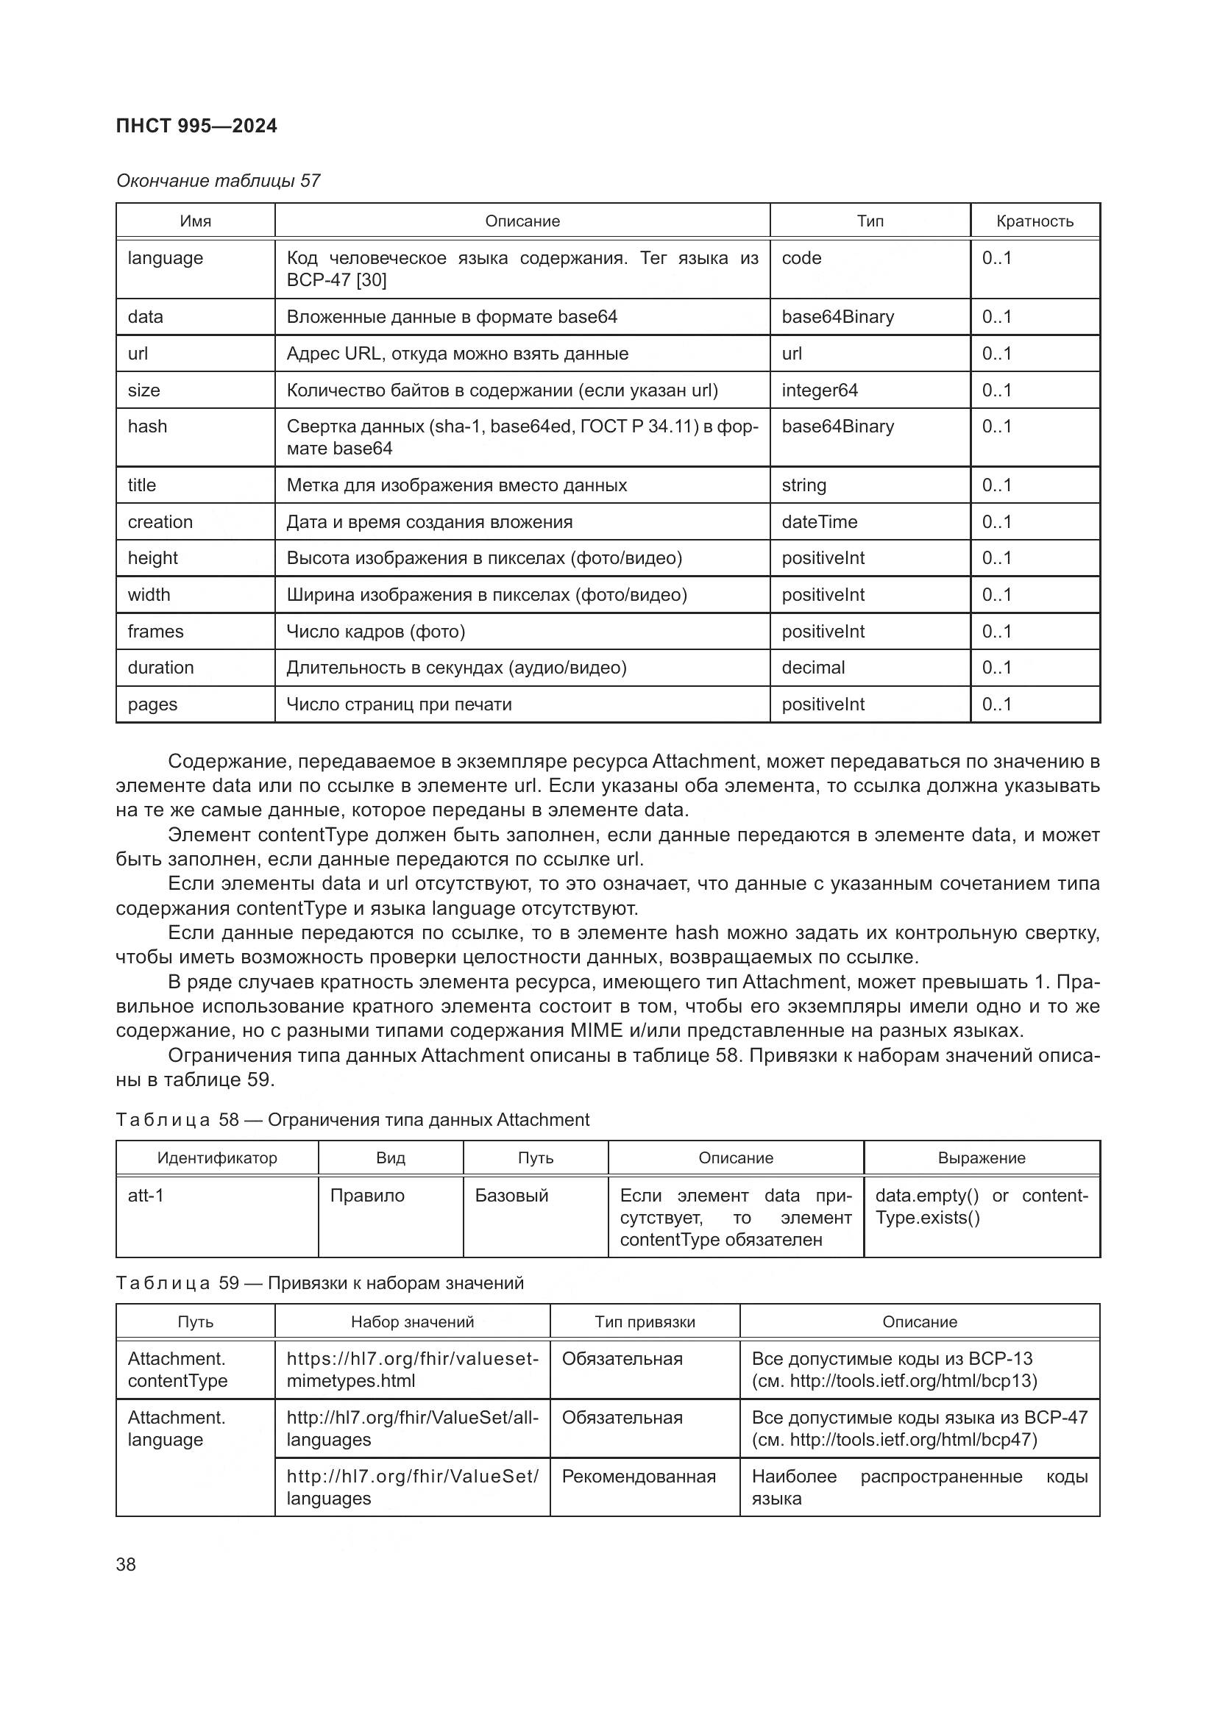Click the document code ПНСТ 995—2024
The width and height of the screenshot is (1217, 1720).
(196, 126)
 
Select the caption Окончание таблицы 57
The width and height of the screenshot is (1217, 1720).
(218, 181)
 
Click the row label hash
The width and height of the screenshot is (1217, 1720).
(148, 427)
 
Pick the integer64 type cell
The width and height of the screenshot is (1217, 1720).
(819, 390)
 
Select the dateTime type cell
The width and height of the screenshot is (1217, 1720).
(819, 521)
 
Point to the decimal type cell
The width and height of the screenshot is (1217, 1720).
(813, 668)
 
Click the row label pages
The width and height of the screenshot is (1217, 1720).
(152, 704)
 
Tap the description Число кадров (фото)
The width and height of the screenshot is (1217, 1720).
(375, 632)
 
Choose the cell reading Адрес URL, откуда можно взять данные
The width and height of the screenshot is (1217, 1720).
(457, 354)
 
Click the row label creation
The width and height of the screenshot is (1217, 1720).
(160, 521)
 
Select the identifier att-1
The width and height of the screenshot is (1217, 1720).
(146, 1196)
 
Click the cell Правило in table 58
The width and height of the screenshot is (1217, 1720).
(366, 1196)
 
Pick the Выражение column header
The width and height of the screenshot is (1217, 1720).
(981, 1158)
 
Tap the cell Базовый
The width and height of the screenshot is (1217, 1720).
(511, 1196)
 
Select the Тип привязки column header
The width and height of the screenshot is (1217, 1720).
(645, 1322)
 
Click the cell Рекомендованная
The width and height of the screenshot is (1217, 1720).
(639, 1477)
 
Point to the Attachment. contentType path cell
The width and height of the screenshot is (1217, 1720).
(177, 1369)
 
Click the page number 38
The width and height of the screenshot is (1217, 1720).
(126, 1564)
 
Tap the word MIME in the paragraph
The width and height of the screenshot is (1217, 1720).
(597, 1031)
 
